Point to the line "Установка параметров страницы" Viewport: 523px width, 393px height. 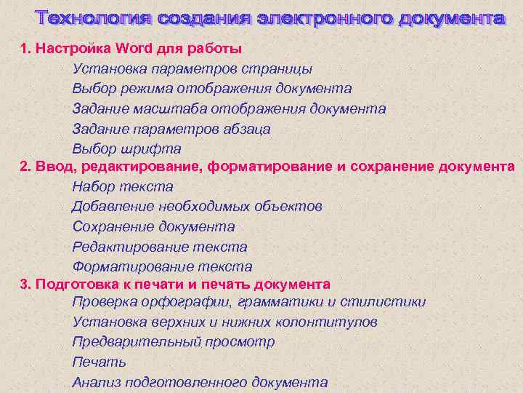click(x=192, y=69)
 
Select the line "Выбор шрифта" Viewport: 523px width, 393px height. click(x=126, y=148)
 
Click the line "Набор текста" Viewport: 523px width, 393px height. click(x=122, y=187)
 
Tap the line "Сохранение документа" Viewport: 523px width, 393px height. click(x=153, y=227)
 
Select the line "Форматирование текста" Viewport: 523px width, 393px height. click(x=162, y=267)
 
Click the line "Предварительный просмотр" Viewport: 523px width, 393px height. click(x=174, y=342)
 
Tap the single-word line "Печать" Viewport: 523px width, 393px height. click(x=100, y=362)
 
